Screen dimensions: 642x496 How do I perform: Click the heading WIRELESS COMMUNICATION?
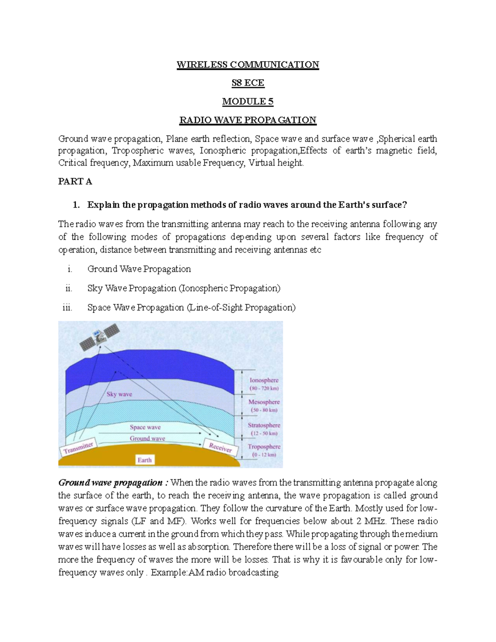click(x=248, y=65)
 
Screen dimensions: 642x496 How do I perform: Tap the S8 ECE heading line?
click(x=248, y=83)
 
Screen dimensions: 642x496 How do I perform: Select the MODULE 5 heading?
click(x=248, y=102)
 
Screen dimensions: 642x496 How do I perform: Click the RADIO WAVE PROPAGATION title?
click(x=248, y=120)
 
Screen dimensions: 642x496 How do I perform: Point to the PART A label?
click(x=75, y=181)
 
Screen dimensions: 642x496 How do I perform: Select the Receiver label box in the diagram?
click(x=220, y=446)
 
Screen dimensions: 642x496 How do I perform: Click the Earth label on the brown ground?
click(x=144, y=460)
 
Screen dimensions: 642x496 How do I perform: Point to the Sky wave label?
click(x=119, y=394)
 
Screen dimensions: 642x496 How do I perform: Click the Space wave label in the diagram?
click(x=145, y=427)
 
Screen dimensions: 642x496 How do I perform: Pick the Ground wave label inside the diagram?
click(x=147, y=438)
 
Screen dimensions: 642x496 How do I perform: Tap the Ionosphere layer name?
click(x=264, y=380)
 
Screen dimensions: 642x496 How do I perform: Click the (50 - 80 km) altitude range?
click(x=264, y=410)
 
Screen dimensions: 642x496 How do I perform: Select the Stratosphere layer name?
click(x=264, y=425)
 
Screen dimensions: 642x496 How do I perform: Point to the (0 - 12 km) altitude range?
click(x=264, y=455)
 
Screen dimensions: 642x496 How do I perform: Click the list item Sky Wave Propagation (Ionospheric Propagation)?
click(x=184, y=288)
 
